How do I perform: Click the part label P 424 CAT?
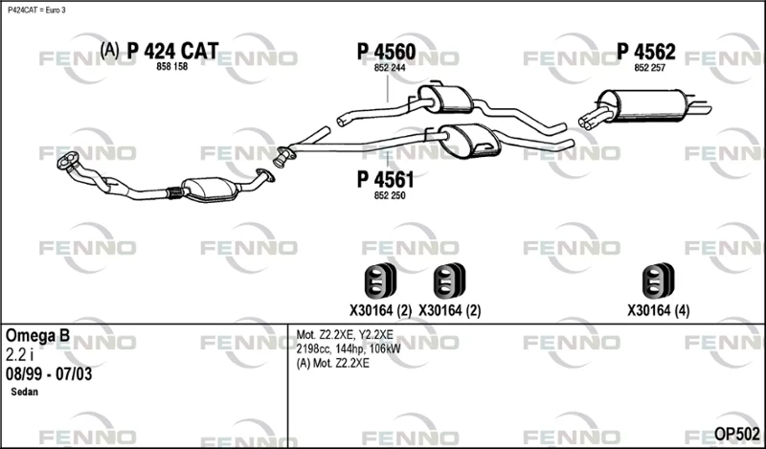point(172,51)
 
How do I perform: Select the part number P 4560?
point(387,52)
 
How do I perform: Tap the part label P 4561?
point(386,179)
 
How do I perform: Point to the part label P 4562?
point(645,52)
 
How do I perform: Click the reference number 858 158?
point(172,67)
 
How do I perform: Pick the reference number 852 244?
point(390,68)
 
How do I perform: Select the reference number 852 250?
point(390,196)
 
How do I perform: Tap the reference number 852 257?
point(650,68)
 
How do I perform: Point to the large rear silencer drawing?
point(644,105)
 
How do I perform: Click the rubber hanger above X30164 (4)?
point(658,281)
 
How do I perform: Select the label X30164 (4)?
point(658,311)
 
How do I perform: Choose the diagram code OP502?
point(736,434)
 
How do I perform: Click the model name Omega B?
point(37,336)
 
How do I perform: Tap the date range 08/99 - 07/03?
point(49,374)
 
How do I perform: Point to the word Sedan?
point(25,392)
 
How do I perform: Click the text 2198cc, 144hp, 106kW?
point(349,348)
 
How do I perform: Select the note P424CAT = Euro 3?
point(36,11)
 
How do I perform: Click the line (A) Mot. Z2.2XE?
point(332,364)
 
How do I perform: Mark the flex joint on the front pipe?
point(174,192)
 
